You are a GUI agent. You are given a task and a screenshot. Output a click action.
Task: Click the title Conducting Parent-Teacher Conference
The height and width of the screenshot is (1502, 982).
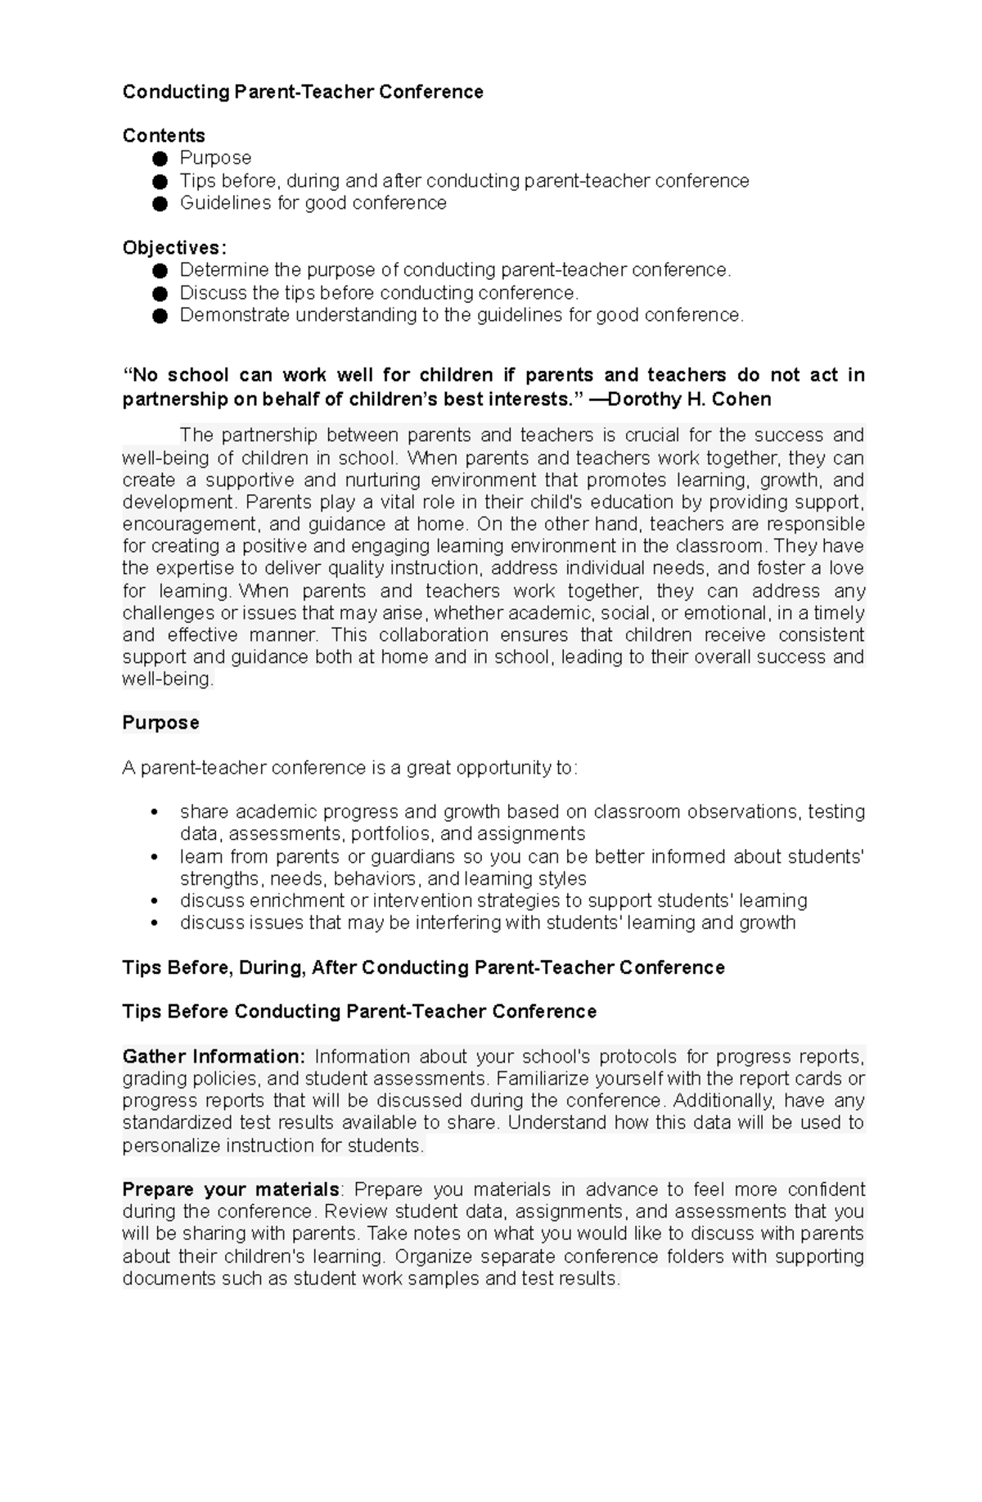click(303, 92)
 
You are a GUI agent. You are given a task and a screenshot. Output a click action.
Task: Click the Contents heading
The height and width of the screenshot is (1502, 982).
click(164, 135)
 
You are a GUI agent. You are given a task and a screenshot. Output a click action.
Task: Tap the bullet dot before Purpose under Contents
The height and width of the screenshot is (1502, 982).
click(160, 158)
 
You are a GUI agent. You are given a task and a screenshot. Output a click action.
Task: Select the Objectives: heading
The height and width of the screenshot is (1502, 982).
click(174, 247)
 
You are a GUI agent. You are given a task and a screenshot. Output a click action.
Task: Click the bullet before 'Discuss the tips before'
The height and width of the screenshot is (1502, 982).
click(160, 293)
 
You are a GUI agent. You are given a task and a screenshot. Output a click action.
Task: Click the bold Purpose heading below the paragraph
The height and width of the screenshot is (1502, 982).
click(160, 723)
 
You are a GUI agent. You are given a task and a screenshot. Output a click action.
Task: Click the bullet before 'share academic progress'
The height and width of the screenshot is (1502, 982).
click(155, 813)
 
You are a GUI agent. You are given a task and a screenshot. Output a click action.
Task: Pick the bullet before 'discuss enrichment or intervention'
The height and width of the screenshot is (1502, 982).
click(155, 901)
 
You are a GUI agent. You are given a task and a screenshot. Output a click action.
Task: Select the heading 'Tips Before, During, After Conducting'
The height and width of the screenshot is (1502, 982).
click(423, 968)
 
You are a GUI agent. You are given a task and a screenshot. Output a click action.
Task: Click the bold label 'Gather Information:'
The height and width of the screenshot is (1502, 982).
click(214, 1057)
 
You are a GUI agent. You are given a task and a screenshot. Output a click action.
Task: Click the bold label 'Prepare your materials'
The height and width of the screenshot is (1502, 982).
click(231, 1189)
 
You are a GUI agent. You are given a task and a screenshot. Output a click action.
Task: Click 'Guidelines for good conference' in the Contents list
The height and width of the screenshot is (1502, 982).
click(313, 203)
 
